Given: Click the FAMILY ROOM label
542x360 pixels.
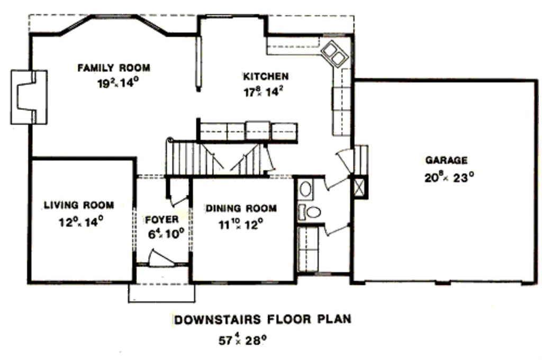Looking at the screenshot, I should pyautogui.click(x=114, y=68).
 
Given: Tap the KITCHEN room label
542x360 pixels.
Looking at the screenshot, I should pyautogui.click(x=266, y=76).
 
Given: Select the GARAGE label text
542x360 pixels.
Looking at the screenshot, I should pyautogui.click(x=446, y=160).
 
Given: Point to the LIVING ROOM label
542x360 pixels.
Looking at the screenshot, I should pyautogui.click(x=78, y=205).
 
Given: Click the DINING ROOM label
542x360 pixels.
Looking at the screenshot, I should pyautogui.click(x=241, y=208).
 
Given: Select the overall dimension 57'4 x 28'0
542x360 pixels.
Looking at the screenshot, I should pyautogui.click(x=242, y=339).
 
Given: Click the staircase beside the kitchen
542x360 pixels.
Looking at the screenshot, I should pyautogui.click(x=217, y=157).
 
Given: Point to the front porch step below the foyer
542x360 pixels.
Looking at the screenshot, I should pyautogui.click(x=161, y=293).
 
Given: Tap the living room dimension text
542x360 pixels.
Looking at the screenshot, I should pyautogui.click(x=80, y=220).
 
